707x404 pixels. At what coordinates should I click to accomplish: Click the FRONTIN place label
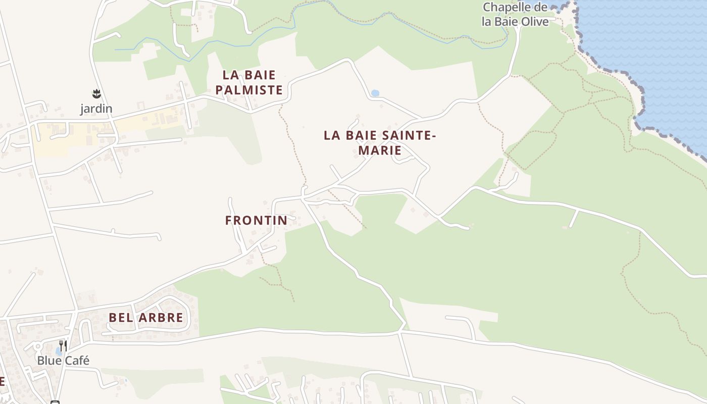click(256, 220)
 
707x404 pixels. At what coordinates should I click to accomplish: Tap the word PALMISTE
click(249, 90)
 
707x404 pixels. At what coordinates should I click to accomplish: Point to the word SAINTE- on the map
click(410, 135)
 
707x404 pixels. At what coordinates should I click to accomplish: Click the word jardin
click(96, 109)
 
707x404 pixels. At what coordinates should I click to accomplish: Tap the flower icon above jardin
click(96, 93)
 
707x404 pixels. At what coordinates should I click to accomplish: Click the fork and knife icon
click(63, 346)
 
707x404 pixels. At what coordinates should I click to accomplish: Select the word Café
click(76, 361)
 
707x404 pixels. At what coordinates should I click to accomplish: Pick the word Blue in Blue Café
click(48, 361)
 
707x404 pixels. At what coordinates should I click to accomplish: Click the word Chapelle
click(508, 8)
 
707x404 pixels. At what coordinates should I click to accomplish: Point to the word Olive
click(534, 22)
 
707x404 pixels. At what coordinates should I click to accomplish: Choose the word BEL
click(120, 318)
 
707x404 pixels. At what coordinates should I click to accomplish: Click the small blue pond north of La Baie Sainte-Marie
click(375, 93)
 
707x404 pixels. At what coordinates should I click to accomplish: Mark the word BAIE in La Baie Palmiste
click(259, 75)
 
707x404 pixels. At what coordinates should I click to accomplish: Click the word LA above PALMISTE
click(231, 75)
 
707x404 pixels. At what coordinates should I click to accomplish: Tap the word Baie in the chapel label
click(507, 22)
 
